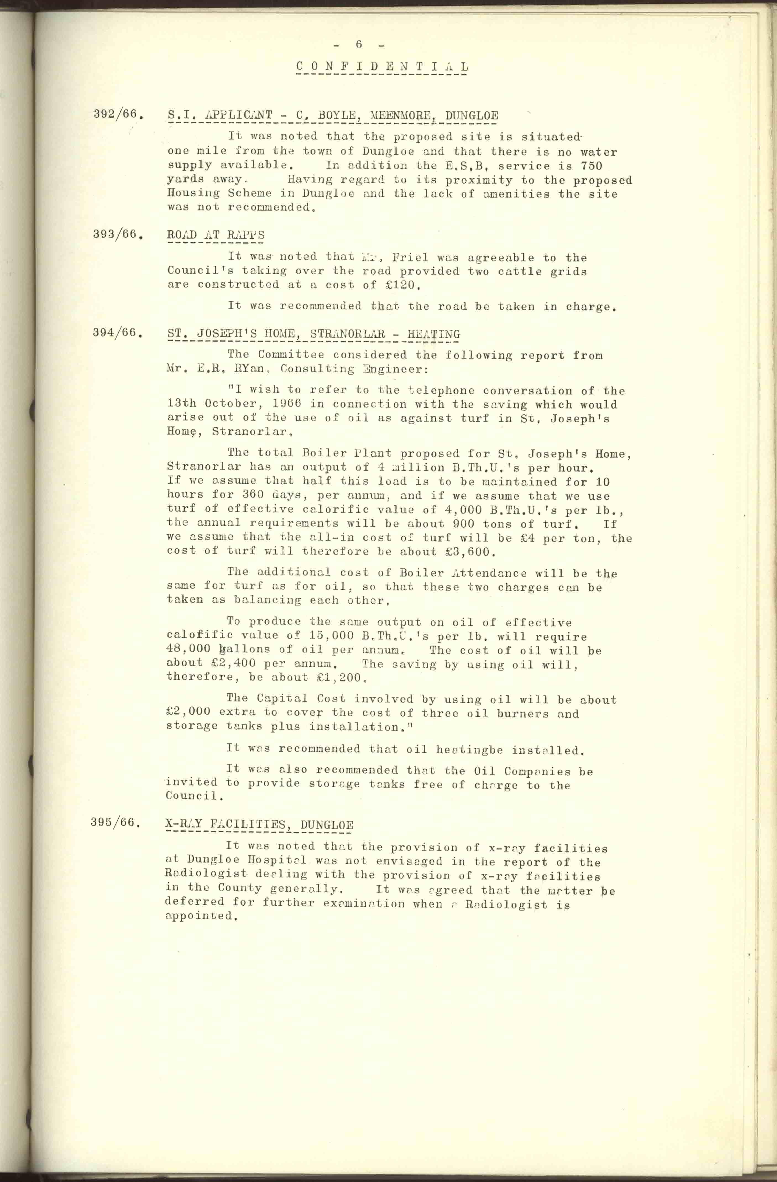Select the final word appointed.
199,916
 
